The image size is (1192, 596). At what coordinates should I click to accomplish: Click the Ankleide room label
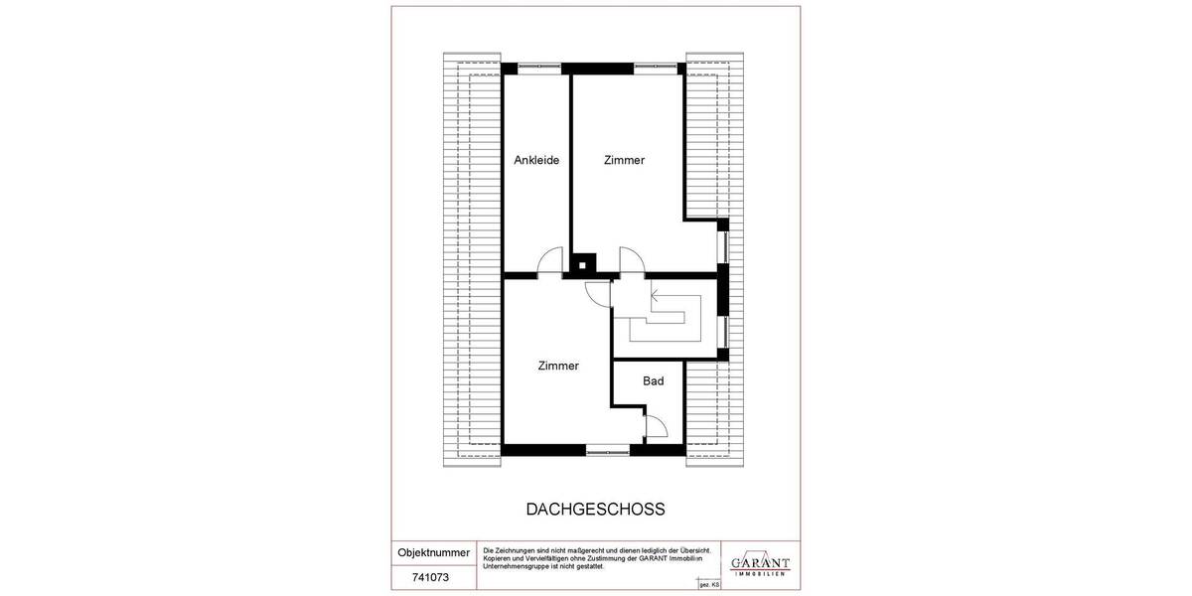click(x=536, y=160)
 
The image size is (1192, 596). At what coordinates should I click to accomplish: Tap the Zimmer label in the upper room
click(x=624, y=160)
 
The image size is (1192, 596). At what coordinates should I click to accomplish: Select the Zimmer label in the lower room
click(x=557, y=366)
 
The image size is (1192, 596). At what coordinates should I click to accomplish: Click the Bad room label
click(x=653, y=380)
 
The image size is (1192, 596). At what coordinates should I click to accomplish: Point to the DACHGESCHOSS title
click(x=595, y=509)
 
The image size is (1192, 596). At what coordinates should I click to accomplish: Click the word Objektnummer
click(x=434, y=552)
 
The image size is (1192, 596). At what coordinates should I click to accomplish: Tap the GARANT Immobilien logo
click(x=760, y=563)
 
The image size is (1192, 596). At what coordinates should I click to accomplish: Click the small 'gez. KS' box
click(x=709, y=586)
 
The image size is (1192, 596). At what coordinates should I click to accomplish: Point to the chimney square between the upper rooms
click(x=583, y=265)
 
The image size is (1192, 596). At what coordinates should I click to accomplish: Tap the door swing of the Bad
click(x=656, y=427)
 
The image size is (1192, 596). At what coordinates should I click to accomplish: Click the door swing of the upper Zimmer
click(x=632, y=260)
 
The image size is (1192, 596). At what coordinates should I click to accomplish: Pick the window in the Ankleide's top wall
click(x=536, y=69)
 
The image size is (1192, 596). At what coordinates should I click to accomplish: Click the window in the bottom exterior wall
click(x=607, y=450)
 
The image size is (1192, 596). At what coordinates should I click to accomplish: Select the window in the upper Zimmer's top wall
click(x=658, y=69)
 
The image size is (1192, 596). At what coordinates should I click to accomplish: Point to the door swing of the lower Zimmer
click(x=598, y=292)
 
